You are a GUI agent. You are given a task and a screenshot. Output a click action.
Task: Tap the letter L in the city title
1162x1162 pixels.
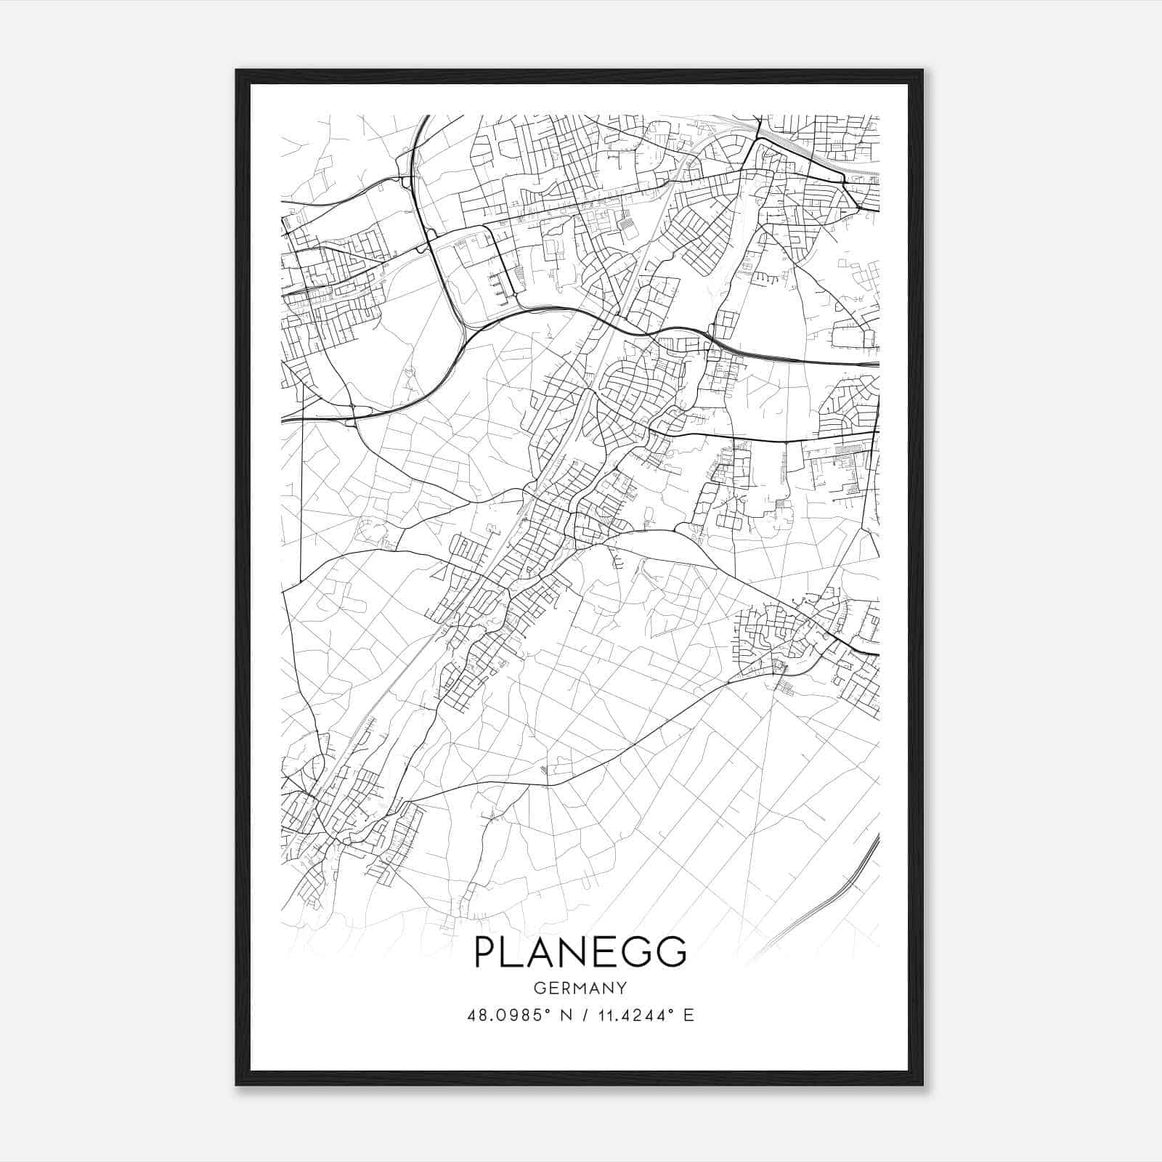(x=519, y=952)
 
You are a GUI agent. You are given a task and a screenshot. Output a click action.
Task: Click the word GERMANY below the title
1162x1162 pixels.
(x=580, y=988)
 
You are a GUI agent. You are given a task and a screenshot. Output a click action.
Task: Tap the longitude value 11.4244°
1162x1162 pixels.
(x=634, y=1015)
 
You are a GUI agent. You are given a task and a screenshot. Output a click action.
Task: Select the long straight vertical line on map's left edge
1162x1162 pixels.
(x=301, y=508)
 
